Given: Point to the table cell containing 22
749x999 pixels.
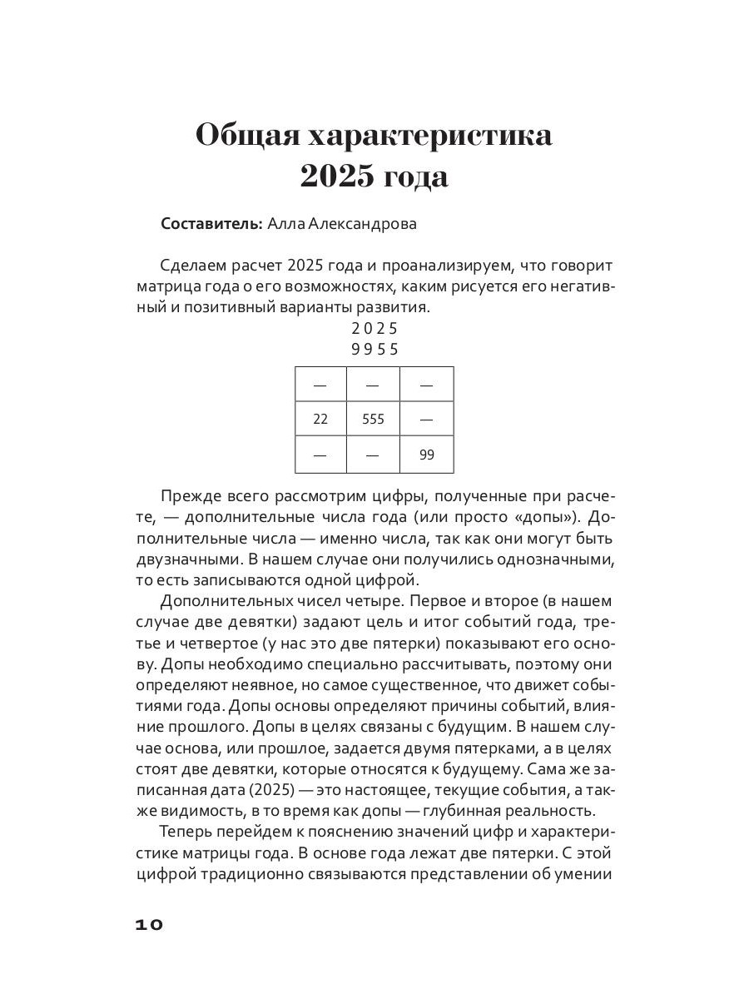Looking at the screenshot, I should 320,420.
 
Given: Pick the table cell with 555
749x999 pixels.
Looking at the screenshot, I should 374,420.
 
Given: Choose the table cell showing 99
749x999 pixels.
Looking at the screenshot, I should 427,455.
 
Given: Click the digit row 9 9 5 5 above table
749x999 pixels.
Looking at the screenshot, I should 374,350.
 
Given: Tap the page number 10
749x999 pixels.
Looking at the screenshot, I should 150,924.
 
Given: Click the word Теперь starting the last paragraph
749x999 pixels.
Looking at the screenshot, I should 189,832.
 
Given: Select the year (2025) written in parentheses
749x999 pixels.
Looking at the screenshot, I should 280,789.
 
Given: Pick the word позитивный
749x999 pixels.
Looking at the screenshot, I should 210,306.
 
